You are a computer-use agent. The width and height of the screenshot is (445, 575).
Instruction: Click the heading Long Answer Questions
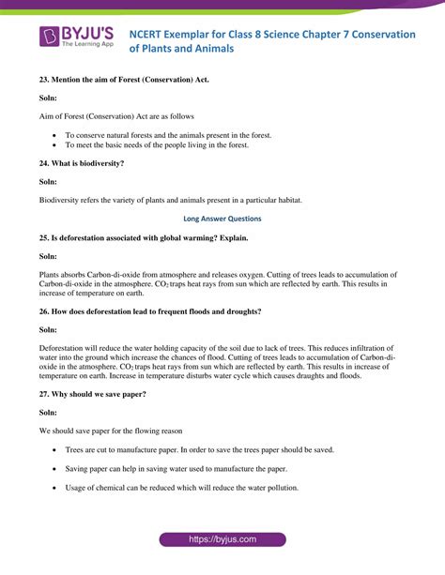pos(222,219)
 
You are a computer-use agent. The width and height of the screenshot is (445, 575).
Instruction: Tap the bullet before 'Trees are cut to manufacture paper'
pos(55,450)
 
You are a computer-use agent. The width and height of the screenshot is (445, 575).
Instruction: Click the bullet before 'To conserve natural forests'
pos(55,135)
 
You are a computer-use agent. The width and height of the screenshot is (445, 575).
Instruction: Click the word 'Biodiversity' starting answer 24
pos(63,200)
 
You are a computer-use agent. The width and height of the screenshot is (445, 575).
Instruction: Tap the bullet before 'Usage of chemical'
pos(55,488)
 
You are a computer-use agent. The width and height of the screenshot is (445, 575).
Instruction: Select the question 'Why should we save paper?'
pos(100,394)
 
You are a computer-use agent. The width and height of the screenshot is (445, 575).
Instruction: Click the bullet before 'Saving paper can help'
pos(55,469)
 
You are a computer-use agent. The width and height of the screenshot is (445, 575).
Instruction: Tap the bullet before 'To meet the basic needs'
pos(55,145)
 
